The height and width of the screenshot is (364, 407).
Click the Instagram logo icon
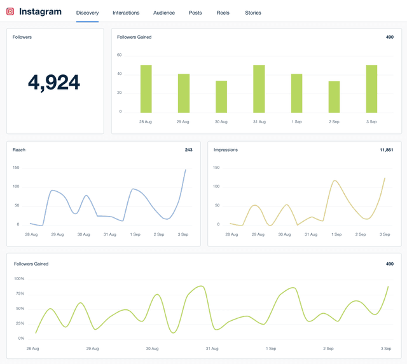[x=10, y=11]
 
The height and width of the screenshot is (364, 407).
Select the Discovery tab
[x=87, y=13]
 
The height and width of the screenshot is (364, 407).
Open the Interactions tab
[x=126, y=13]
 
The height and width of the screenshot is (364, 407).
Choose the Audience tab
[x=164, y=13]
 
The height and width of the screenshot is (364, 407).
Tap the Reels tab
[x=223, y=13]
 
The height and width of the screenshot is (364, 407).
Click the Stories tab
[x=253, y=13]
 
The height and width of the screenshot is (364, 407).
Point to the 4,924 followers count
[x=54, y=83]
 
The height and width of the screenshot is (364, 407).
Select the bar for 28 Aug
[x=146, y=89]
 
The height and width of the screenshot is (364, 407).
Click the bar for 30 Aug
[x=221, y=97]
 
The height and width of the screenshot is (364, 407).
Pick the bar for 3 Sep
[x=371, y=89]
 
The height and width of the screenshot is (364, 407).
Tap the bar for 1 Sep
[x=296, y=93]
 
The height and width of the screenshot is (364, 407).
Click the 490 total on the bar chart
[x=389, y=37]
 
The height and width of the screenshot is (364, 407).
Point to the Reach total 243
[x=188, y=150]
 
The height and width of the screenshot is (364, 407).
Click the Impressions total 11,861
[x=386, y=150]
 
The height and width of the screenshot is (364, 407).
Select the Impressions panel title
[x=226, y=150]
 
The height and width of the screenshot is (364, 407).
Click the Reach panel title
[x=19, y=150]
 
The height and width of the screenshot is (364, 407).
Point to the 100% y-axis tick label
[x=18, y=279]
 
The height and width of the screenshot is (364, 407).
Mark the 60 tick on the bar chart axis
[x=119, y=55]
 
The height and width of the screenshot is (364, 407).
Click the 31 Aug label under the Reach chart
[x=109, y=234]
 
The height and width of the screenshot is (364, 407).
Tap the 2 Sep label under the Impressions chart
[x=360, y=234]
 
